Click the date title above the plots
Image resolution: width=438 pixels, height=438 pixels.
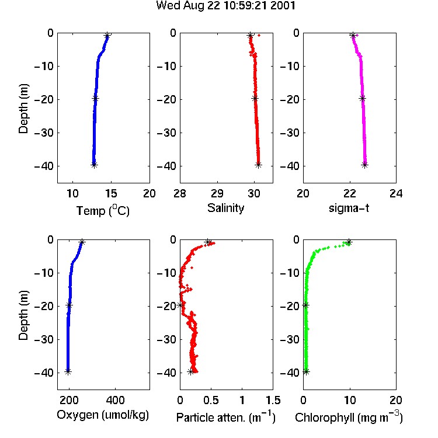click(x=225, y=6)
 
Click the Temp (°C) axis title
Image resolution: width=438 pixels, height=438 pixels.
click(x=103, y=210)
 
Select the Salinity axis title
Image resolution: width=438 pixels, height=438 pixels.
click(x=225, y=208)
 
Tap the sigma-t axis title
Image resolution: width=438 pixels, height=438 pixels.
click(x=349, y=208)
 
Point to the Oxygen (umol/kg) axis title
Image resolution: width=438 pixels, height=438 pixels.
click(x=103, y=415)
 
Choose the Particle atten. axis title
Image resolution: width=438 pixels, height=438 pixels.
click(x=226, y=417)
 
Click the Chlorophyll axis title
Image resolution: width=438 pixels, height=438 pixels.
click(x=349, y=417)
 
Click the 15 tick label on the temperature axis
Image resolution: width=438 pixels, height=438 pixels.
click(x=111, y=193)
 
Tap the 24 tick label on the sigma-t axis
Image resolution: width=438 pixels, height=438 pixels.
click(x=396, y=193)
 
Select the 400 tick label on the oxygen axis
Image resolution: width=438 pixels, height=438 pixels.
click(x=115, y=400)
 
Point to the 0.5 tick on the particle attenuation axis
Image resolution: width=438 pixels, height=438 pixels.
click(x=211, y=400)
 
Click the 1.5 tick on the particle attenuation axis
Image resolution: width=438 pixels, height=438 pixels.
click(x=273, y=400)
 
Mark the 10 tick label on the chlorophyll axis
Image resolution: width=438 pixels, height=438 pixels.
click(x=350, y=400)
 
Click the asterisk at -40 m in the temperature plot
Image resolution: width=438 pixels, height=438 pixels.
click(x=94, y=165)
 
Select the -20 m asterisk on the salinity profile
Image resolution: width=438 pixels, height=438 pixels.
click(x=255, y=98)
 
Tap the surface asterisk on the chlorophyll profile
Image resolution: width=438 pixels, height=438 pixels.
click(x=348, y=242)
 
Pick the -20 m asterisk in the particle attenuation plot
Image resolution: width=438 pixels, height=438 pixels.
click(x=180, y=305)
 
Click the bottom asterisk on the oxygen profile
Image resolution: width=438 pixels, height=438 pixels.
click(x=68, y=371)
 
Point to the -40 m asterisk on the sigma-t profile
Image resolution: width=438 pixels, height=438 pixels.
click(x=364, y=165)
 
